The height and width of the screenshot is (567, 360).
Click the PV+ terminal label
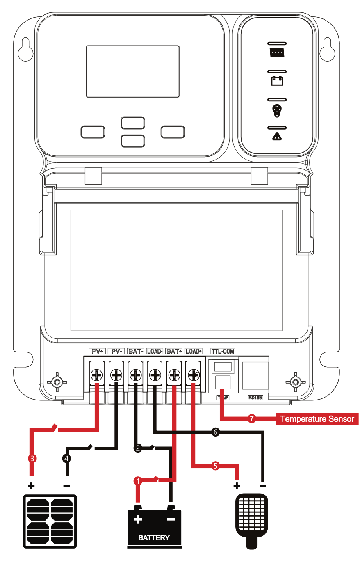coord(97,351)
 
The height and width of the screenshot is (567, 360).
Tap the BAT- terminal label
coord(135,351)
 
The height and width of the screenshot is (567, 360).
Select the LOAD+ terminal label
coord(193,351)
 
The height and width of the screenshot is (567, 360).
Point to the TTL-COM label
coord(223,351)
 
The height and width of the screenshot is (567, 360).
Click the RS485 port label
coord(255,398)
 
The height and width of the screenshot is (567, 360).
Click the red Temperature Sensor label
coord(317,419)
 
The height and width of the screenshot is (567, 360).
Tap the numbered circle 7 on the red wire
coord(252,419)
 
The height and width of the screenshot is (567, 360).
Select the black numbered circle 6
coord(215,432)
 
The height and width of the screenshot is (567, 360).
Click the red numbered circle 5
coord(216,466)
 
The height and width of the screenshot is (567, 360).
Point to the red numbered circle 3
coord(32,458)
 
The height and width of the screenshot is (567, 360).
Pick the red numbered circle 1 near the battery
coord(138,480)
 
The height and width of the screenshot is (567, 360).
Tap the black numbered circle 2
coord(138,448)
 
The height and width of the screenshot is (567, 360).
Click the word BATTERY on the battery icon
coord(154,537)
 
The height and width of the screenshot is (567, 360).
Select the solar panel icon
coord(50,521)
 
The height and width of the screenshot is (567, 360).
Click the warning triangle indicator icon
coord(277,136)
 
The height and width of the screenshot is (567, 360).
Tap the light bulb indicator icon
coord(277,110)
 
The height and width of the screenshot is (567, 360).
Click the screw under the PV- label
coord(116,375)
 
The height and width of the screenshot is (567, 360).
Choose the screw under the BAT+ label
coord(174,375)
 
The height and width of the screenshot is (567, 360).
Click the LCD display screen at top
coord(132,71)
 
